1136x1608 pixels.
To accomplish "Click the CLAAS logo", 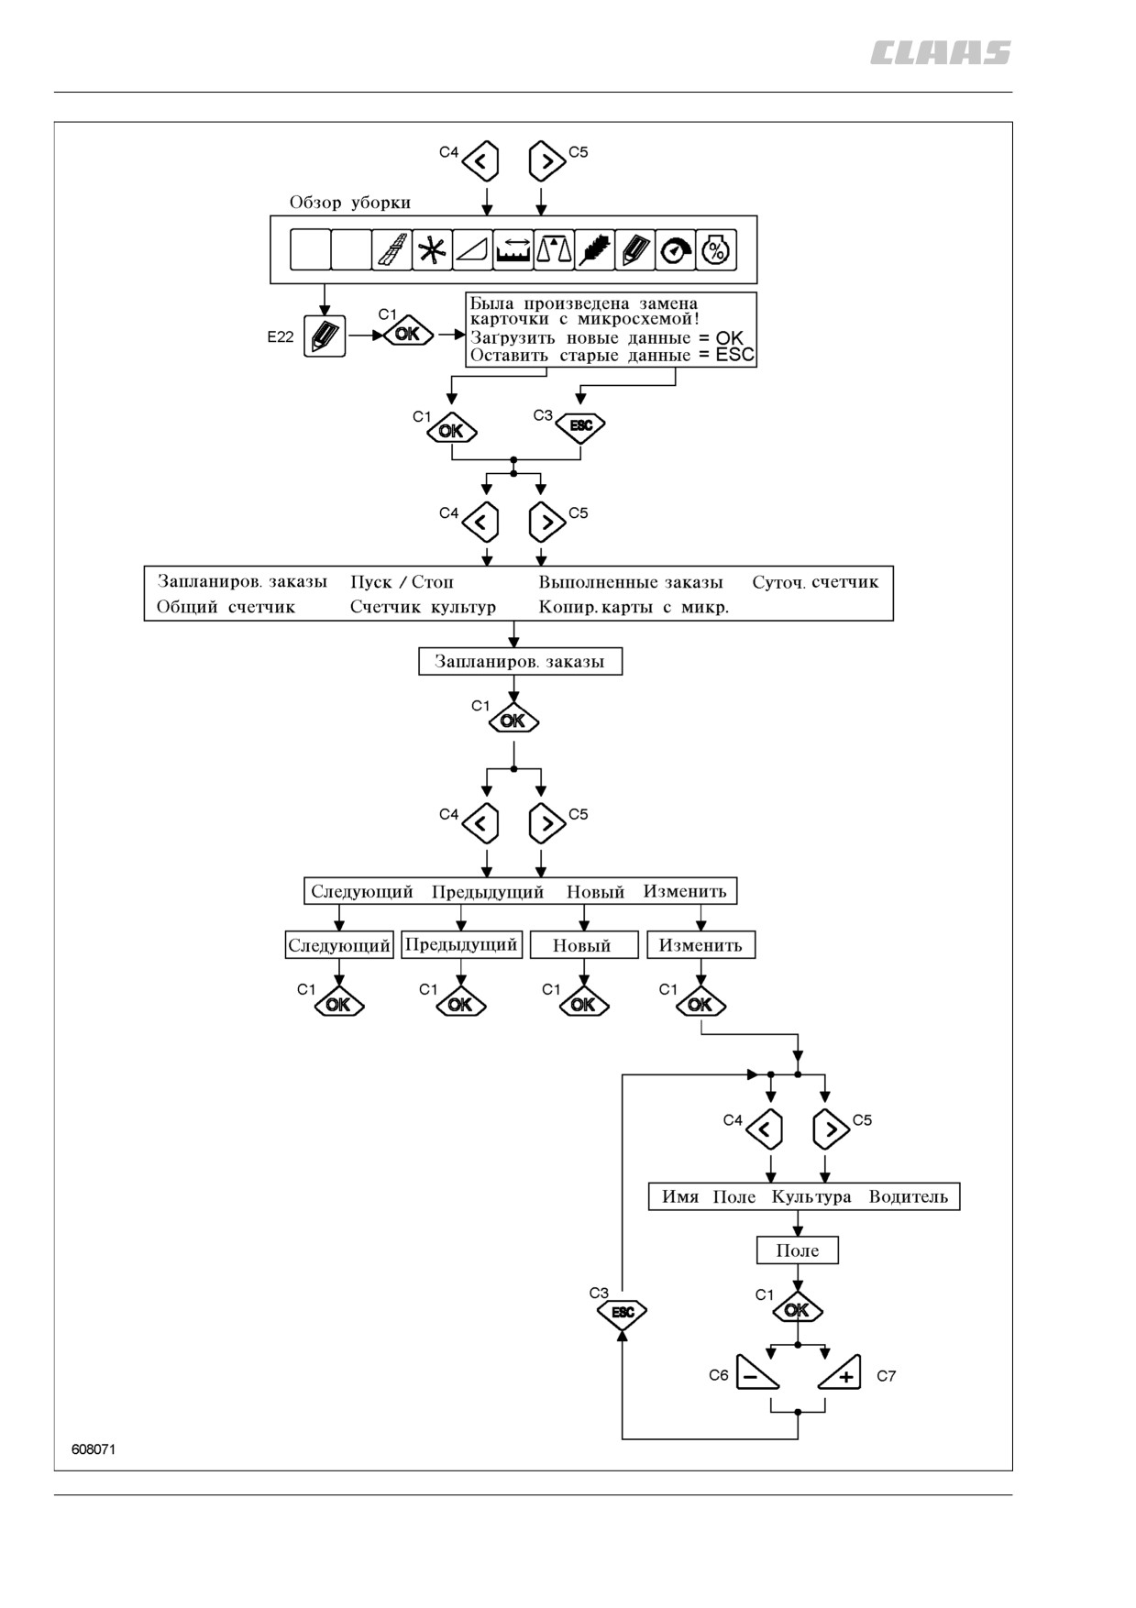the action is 940,53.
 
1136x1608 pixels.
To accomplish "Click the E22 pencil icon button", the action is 325,336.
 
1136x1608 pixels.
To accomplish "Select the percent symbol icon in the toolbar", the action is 716,249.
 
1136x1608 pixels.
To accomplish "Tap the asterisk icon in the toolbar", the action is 432,249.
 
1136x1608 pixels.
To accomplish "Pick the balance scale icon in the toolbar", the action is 554,249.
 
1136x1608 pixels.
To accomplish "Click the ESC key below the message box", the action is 580,426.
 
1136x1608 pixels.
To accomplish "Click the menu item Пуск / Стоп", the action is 402,582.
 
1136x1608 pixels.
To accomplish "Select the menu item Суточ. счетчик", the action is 815,582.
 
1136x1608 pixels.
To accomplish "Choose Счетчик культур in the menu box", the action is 423,607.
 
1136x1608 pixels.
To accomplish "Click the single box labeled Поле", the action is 798,1250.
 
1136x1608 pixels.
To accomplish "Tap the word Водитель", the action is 909,1196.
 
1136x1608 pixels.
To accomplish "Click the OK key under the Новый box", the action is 583,1005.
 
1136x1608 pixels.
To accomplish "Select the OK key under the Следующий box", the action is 339,1005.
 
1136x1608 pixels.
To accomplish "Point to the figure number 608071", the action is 94,1449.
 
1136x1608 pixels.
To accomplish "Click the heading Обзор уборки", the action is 350,203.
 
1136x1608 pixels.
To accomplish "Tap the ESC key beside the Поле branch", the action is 623,1312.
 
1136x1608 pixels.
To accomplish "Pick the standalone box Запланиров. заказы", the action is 520,662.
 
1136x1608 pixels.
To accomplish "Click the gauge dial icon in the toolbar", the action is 677,249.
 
